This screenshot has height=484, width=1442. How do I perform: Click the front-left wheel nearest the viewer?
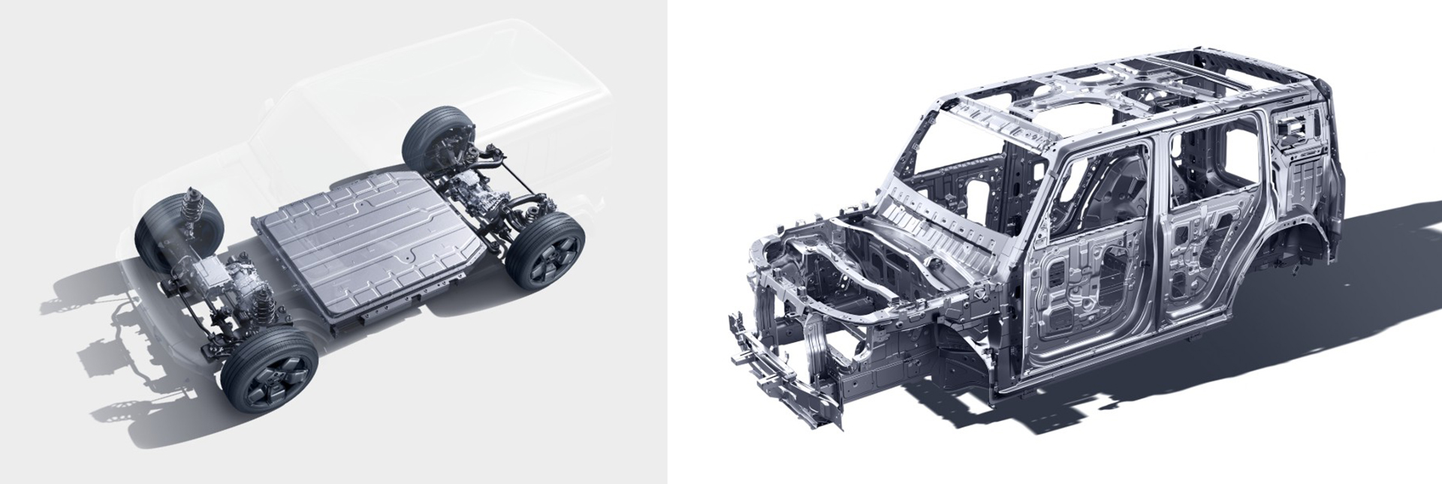tap(269, 369)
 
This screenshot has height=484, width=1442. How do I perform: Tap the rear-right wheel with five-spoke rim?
tap(545, 251)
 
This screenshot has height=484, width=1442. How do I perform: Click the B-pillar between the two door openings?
tap(1157, 225)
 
